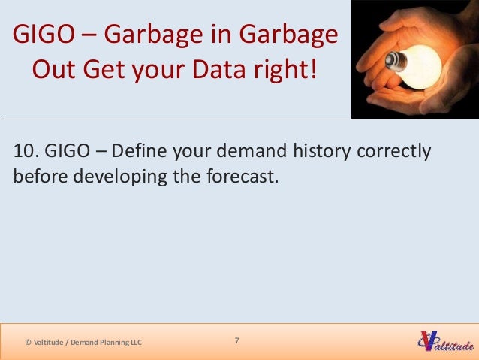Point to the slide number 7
coord(237,341)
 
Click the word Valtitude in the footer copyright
coord(48,343)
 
